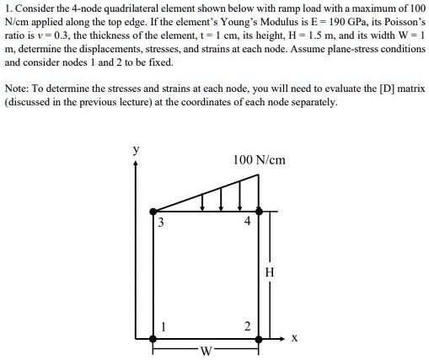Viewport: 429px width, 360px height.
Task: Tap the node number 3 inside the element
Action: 161,223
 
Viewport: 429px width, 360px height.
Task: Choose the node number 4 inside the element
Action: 247,223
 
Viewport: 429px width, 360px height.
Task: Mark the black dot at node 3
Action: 153,211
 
